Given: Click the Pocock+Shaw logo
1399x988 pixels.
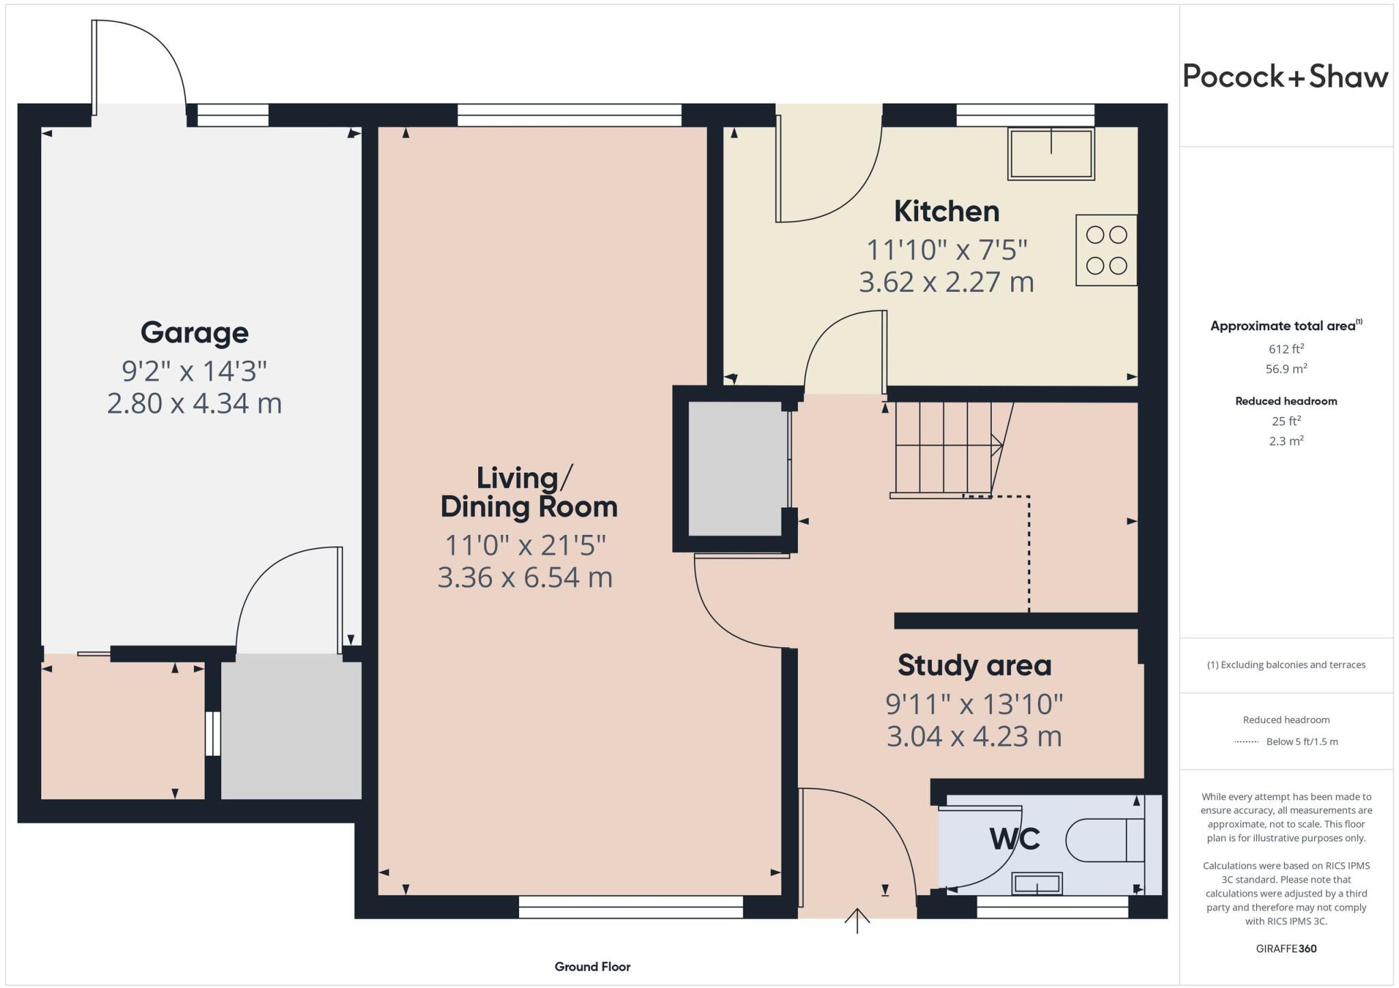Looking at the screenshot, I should click(x=1285, y=77).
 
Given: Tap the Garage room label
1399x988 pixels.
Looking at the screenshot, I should click(x=195, y=333).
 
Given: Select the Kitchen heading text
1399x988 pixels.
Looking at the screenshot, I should click(x=946, y=211).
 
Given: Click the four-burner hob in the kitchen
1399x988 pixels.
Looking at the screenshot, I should click(x=1106, y=250).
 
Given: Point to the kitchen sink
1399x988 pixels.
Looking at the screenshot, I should click(x=1051, y=154).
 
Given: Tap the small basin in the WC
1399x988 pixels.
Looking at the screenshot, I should click(x=1037, y=883).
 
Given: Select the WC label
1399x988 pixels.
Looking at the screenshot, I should click(x=1014, y=838).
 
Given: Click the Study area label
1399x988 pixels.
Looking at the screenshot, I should click(x=974, y=665).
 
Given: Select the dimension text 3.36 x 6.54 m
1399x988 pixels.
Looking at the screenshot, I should click(x=525, y=577).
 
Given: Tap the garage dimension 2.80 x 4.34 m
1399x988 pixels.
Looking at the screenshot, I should click(x=195, y=403).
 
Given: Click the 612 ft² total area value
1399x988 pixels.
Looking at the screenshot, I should click(x=1286, y=349).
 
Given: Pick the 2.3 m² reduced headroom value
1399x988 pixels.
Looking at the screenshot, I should click(x=1286, y=441).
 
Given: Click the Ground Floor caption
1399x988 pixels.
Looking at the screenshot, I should click(x=592, y=967).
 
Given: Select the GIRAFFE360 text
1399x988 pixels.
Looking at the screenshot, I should click(x=1286, y=948).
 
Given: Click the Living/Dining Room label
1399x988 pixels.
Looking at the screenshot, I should click(x=529, y=493).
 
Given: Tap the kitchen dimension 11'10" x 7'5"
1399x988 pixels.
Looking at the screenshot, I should click(x=946, y=250).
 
